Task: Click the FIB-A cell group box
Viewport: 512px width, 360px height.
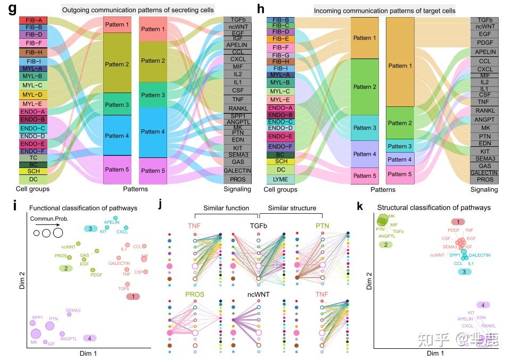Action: (35, 20)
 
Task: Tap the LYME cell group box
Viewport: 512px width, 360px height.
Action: (280, 179)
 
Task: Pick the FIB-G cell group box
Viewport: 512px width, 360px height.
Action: (280, 55)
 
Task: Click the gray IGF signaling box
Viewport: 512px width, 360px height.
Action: (235, 38)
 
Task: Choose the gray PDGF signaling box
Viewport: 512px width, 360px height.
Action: (484, 42)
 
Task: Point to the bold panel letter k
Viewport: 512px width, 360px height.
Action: (360, 206)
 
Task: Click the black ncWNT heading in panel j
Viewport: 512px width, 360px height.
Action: (259, 294)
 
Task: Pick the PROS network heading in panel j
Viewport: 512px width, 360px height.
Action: (195, 294)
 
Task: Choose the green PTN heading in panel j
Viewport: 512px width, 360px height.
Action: (323, 225)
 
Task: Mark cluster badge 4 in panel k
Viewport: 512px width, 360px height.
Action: (483, 305)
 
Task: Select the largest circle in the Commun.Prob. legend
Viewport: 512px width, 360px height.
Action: (57, 233)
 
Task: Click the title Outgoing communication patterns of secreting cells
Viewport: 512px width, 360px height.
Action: (138, 10)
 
